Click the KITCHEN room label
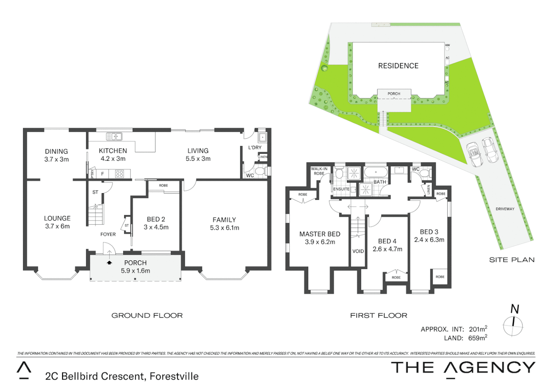[x=113, y=151]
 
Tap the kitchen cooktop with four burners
[x=119, y=174]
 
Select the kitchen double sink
[x=114, y=136]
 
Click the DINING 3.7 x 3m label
[x=56, y=155]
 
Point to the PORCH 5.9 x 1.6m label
[x=135, y=267]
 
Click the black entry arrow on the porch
[x=109, y=262]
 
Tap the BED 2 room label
[x=156, y=219]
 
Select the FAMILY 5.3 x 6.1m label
[x=224, y=224]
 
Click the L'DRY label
[x=255, y=147]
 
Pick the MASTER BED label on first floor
[x=320, y=234]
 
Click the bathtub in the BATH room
[x=376, y=172]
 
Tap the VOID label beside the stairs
[x=358, y=251]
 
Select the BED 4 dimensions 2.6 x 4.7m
[x=387, y=249]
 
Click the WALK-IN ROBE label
[x=319, y=171]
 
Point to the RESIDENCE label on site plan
[x=398, y=66]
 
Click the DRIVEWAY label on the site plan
[x=505, y=209]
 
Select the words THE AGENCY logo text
[x=463, y=368]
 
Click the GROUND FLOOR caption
[x=147, y=315]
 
